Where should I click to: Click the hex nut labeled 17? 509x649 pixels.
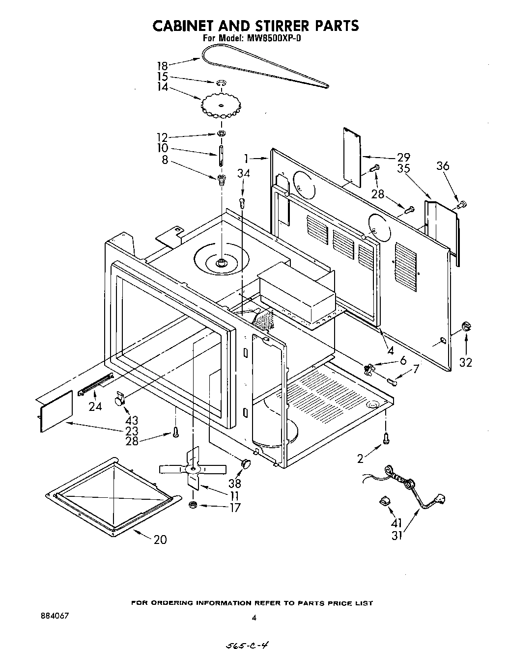point(193,505)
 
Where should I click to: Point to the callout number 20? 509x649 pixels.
point(160,540)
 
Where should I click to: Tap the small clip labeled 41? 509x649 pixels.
point(384,501)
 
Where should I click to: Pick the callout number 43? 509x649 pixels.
point(132,420)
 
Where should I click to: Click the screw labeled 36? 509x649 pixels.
point(461,204)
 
